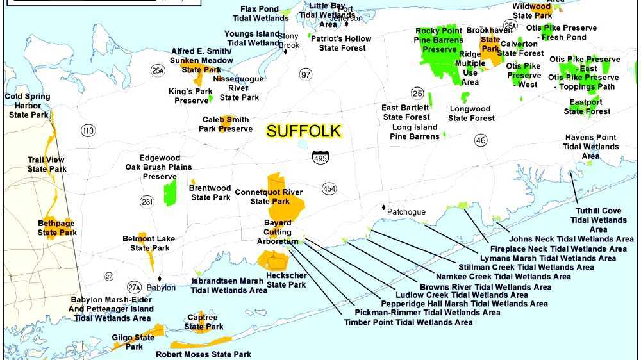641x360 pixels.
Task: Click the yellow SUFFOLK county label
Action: (x=304, y=131)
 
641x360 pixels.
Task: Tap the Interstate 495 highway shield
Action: (x=320, y=157)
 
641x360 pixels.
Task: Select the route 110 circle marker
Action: (x=88, y=131)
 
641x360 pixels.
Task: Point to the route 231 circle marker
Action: (x=147, y=202)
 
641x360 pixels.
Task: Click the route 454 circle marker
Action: (x=329, y=188)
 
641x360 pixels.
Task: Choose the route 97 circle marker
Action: (x=306, y=75)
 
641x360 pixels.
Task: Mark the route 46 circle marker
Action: (x=481, y=140)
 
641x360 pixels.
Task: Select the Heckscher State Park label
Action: (x=286, y=280)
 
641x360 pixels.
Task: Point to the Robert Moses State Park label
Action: (x=204, y=354)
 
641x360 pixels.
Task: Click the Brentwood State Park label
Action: (x=210, y=193)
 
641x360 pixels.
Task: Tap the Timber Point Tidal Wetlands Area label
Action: (x=408, y=322)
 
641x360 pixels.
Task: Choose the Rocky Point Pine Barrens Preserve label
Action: (x=440, y=40)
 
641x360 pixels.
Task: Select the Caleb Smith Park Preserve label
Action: (x=226, y=124)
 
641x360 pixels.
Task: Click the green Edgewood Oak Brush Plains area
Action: (x=170, y=192)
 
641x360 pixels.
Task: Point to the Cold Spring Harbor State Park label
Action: (x=27, y=106)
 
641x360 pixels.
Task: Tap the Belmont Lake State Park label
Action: (x=149, y=243)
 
